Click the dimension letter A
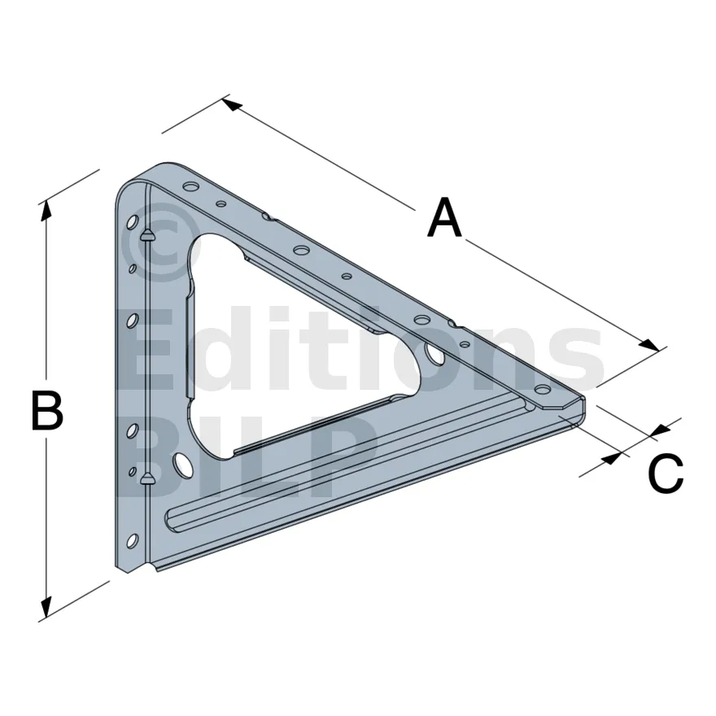coord(444,218)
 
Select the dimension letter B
coord(46,410)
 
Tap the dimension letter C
coord(666,474)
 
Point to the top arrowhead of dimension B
coord(45,211)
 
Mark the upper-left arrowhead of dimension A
coord(233,104)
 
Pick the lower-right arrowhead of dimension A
coord(650,345)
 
